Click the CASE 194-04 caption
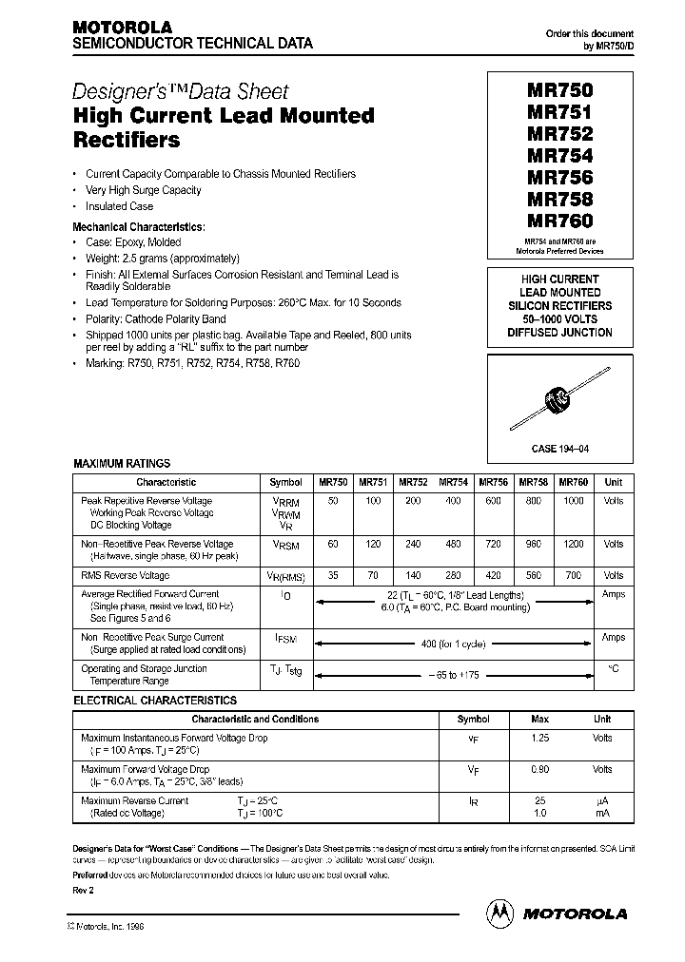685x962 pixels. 566,448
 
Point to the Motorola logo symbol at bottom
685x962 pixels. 499,912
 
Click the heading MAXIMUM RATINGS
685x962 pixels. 122,464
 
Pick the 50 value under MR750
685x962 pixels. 332,500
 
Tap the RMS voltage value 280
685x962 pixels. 453,575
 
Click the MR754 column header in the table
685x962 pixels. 453,482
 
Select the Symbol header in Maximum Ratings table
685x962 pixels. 286,482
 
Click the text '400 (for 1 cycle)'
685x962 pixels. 454,644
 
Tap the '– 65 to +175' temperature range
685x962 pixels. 454,674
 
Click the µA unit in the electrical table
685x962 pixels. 601,801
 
